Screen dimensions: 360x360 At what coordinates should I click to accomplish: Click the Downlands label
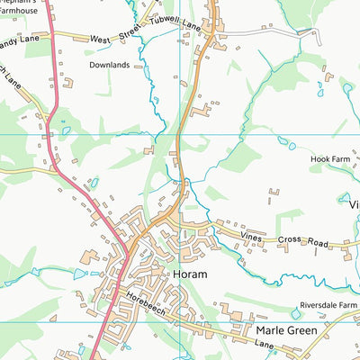tap(110, 66)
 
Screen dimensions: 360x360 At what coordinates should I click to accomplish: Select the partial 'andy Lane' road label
tap(20, 39)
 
